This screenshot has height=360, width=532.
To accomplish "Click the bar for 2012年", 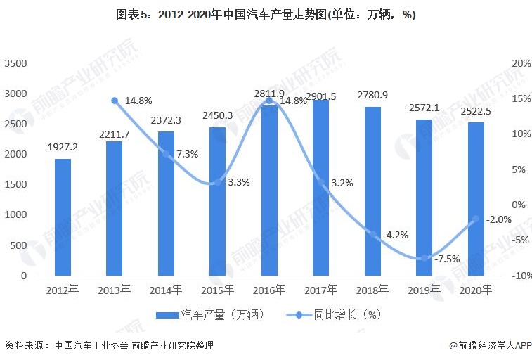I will tap(63, 217).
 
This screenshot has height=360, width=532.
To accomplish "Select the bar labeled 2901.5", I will tap(320, 188).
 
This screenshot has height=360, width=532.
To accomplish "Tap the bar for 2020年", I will tap(476, 199).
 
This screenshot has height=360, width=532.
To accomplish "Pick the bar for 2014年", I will tap(166, 204).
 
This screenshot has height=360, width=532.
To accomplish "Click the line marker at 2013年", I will tap(115, 101).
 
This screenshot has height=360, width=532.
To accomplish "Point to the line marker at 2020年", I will tap(476, 219).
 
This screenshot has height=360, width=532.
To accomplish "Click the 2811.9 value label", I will tap(269, 94).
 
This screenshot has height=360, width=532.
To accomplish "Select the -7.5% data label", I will tap(447, 259).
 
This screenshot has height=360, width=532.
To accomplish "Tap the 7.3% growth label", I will tap(187, 153).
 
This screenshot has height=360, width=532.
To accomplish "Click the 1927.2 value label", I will tap(63, 148).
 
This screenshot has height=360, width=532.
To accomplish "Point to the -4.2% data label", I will tap(396, 235).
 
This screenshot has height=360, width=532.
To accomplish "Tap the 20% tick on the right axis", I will tap(521, 63).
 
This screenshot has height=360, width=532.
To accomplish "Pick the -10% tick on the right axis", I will tap(521, 276).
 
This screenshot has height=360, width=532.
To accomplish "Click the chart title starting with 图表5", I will tap(265, 15).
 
